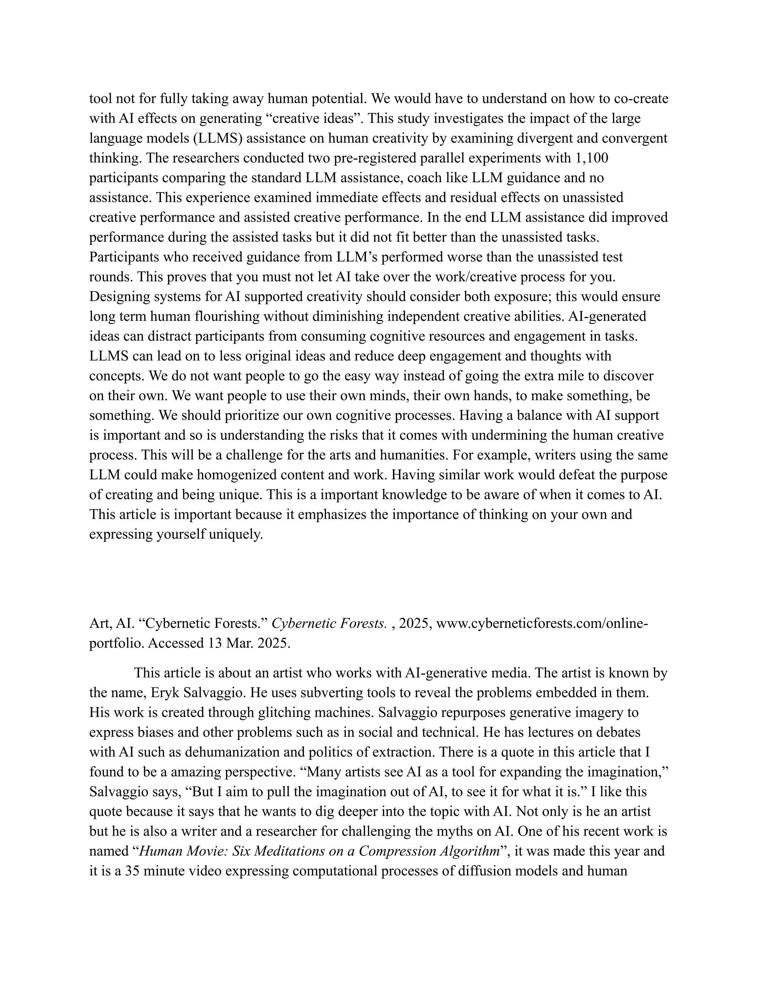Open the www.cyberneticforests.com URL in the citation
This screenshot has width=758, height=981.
pos(541,623)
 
